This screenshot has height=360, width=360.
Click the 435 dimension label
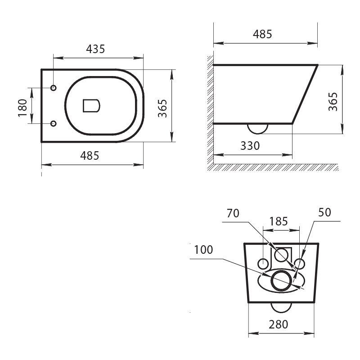(95, 49)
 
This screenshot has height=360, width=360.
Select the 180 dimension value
(22, 108)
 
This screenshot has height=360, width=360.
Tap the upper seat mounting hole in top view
(54, 88)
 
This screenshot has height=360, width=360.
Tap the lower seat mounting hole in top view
(54, 123)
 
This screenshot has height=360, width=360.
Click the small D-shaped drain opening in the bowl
(91, 106)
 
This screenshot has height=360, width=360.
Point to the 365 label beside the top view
(162, 108)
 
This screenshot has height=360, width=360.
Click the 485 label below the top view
(90, 156)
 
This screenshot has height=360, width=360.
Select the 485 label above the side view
(262, 34)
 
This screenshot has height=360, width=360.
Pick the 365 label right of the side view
(333, 102)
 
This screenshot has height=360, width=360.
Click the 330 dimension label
(250, 146)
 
